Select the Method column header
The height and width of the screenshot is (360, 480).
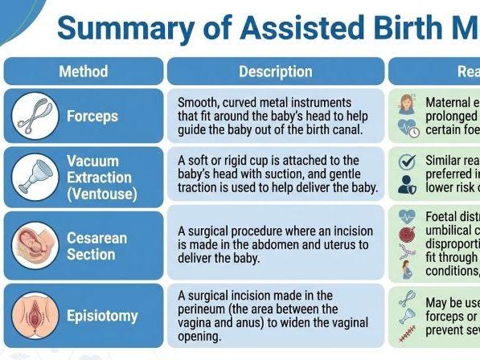point(83,72)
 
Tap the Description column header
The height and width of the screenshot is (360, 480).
point(276,72)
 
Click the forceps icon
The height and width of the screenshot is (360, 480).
point(35,116)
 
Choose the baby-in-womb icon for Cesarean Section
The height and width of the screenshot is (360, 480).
point(35,245)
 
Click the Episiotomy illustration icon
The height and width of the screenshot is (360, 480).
point(35,315)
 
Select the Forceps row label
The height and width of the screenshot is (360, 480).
point(92,117)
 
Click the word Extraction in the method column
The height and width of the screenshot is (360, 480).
point(99,178)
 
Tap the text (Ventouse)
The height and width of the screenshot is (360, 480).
point(102,194)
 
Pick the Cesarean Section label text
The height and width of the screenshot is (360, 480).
point(97,246)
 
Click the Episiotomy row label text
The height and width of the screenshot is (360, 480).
point(102,316)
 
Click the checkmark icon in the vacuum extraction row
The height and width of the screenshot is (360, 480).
point(407,161)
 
